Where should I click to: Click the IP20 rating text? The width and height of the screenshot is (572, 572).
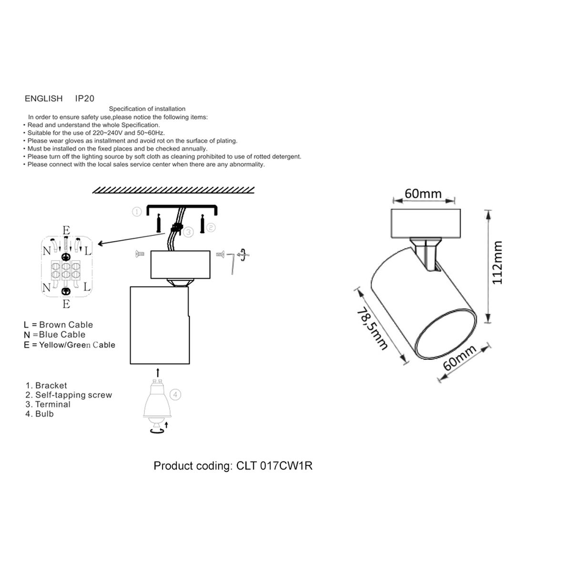pos(84,98)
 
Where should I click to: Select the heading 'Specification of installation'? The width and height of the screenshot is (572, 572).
pos(147,109)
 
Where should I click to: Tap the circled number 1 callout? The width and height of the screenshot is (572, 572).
pos(137,212)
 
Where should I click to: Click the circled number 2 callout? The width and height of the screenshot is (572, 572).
pos(211,228)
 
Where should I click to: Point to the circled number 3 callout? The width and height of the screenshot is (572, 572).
pos(188,232)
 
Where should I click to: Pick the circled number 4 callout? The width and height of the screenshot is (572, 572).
pos(175,395)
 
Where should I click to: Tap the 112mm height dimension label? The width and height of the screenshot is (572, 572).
pos(497,263)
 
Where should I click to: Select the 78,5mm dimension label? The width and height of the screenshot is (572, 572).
pos(372,328)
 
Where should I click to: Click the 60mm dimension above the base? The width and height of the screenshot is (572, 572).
pos(423,194)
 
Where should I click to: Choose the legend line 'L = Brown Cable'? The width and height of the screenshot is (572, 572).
pos(59,325)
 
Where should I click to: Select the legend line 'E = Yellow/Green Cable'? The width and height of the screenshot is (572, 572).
pos(70,345)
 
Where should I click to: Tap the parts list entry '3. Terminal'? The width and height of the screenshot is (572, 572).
pos(48,404)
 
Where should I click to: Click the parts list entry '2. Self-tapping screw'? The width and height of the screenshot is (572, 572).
pos(69,395)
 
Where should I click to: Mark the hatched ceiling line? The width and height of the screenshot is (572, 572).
pos(174,190)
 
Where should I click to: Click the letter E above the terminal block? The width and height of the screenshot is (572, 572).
pos(66,230)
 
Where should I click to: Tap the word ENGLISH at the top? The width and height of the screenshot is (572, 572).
pos(44,98)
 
